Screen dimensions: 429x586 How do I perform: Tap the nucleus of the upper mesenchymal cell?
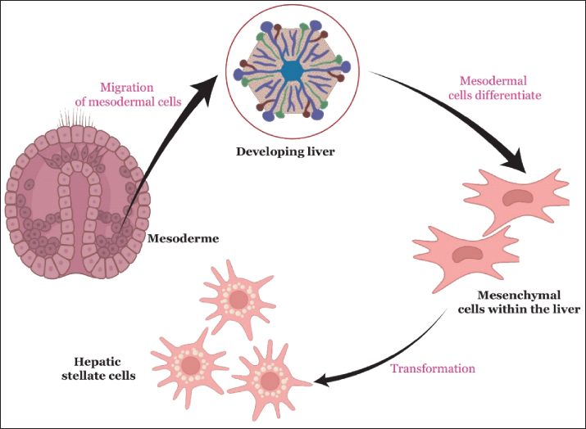tap(517, 196)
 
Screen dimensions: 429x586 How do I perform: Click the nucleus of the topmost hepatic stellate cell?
tap(238, 300)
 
